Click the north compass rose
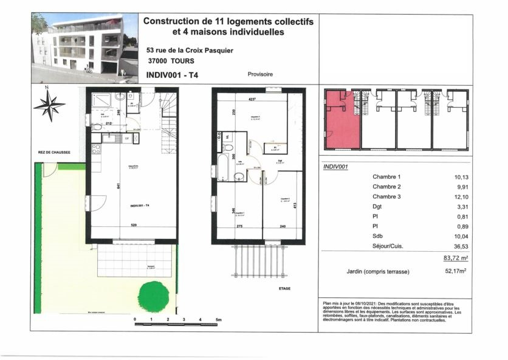pos(49,105)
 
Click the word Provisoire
pos(260,74)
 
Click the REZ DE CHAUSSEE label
pos(53,154)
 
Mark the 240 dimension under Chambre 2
pos(282,226)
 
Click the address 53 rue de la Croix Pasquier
pos(186,50)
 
